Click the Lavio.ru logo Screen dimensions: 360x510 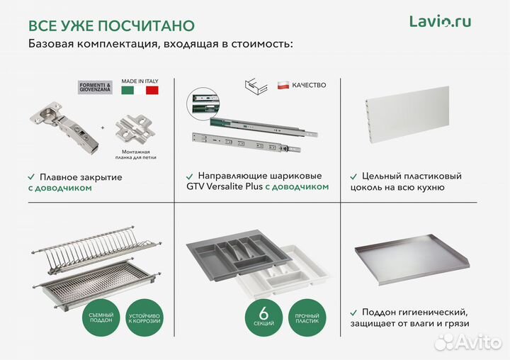click(439, 21)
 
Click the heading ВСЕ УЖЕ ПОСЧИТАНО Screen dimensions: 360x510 click(111, 26)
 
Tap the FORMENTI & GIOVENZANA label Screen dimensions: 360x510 click(95, 88)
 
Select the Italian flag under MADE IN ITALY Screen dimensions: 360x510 click(139, 91)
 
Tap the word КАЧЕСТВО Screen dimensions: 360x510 click(309, 85)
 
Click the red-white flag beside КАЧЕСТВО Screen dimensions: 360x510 click(283, 85)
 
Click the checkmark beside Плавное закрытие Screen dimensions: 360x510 click(31, 176)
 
